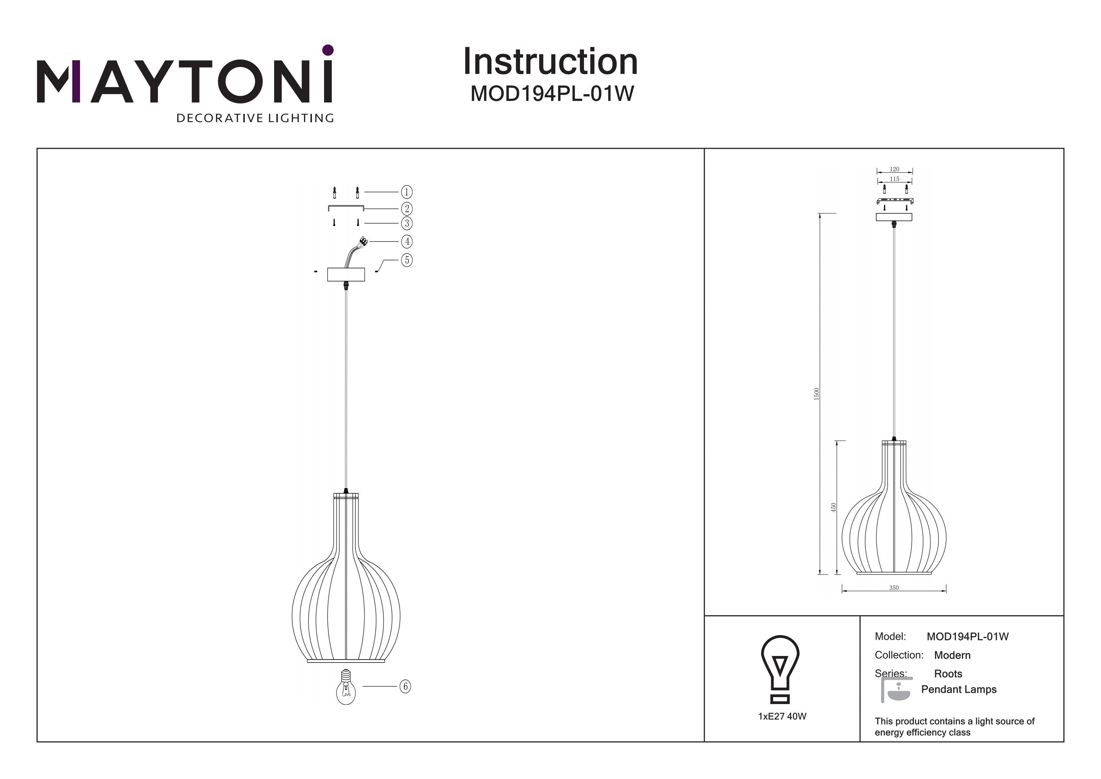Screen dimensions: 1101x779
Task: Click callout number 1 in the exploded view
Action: click(x=407, y=192)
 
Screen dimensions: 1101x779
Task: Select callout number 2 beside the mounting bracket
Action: click(x=407, y=208)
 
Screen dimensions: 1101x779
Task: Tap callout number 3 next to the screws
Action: click(x=407, y=223)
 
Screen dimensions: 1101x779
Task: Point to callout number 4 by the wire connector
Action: click(x=407, y=241)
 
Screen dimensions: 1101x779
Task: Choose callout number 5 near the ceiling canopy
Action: click(x=407, y=260)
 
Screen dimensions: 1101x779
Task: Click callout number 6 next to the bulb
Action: click(x=405, y=686)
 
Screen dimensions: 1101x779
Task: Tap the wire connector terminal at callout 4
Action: click(x=363, y=241)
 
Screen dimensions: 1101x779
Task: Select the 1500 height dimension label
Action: click(x=817, y=394)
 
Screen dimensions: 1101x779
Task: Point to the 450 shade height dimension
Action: click(x=833, y=507)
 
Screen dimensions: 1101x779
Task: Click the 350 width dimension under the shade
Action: click(x=894, y=588)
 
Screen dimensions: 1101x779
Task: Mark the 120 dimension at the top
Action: click(x=894, y=169)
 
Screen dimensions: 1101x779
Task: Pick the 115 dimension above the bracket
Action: click(x=894, y=179)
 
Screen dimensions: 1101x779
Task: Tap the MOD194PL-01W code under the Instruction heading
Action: click(x=552, y=94)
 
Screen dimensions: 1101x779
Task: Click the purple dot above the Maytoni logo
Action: click(x=328, y=50)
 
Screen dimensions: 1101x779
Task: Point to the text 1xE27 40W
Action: click(x=782, y=716)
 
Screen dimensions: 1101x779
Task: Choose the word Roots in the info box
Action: click(x=948, y=674)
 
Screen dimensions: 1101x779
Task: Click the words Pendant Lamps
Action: click(x=959, y=689)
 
